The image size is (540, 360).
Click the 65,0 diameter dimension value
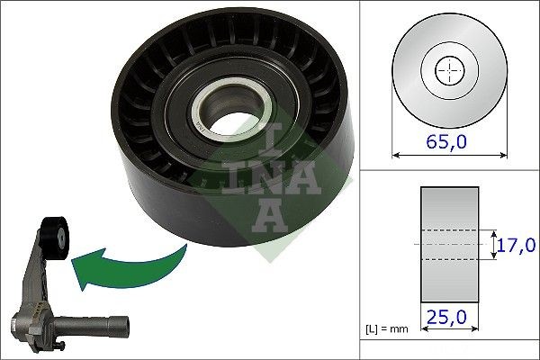coord(448,140)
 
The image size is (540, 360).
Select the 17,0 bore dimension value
coord(517,244)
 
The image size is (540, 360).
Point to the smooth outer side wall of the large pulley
coord(225,216)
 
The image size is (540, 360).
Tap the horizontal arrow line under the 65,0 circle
coord(448,156)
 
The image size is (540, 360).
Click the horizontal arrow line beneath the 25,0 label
coord(448,328)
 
